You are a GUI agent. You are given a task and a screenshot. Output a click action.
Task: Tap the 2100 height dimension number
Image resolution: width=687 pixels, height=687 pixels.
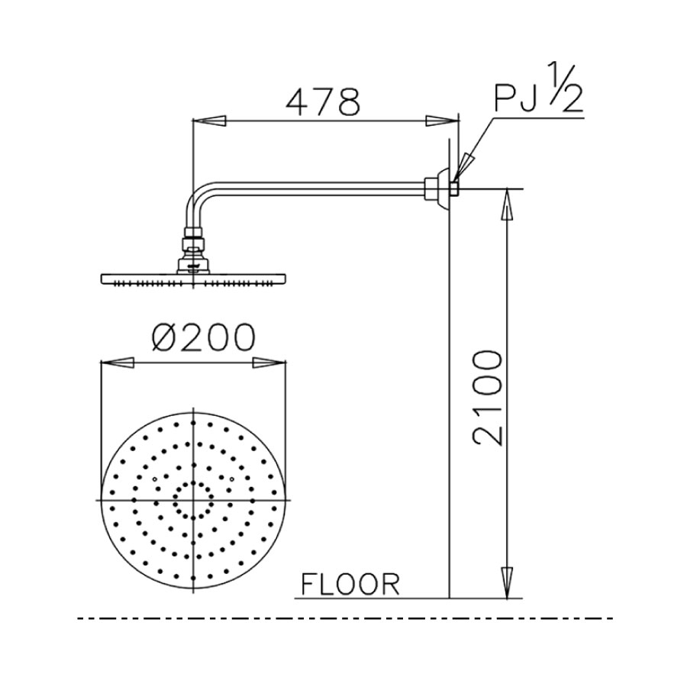(487, 398)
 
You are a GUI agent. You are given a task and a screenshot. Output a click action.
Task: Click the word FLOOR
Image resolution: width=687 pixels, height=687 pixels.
(350, 585)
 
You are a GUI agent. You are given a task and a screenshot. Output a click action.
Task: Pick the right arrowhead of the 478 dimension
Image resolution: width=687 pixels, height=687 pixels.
(440, 120)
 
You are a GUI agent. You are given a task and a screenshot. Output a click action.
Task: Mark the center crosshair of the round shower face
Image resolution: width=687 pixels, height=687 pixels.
(193, 499)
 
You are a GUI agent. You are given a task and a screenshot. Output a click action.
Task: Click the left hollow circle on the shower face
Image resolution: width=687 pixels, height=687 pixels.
(154, 479)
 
